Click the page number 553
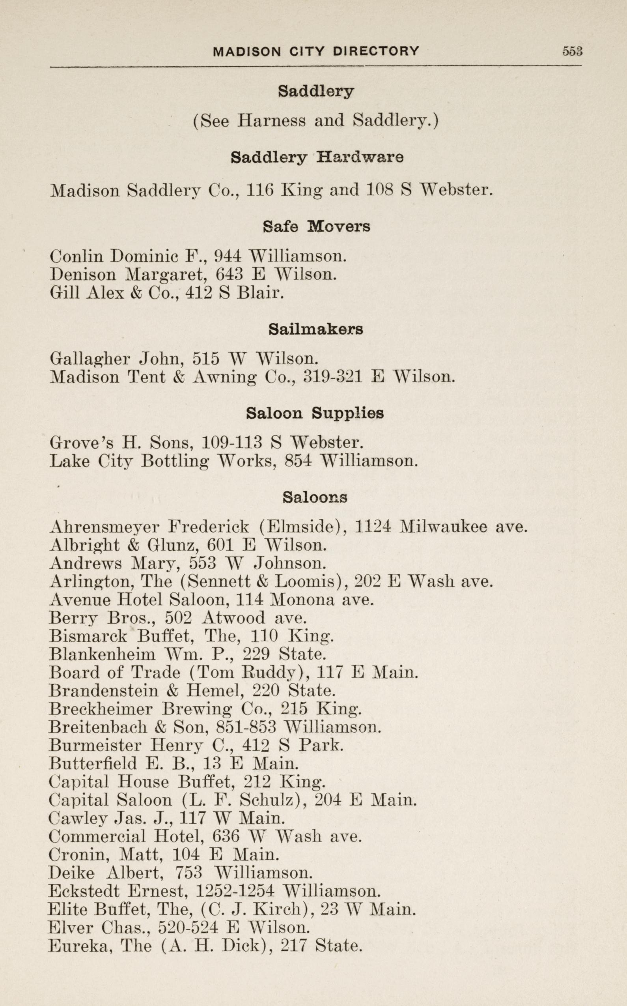572,51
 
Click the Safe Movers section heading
316,226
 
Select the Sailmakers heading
315,329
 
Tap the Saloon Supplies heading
315,413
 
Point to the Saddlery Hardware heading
317,158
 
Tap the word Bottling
175,462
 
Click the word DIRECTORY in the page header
377,51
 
